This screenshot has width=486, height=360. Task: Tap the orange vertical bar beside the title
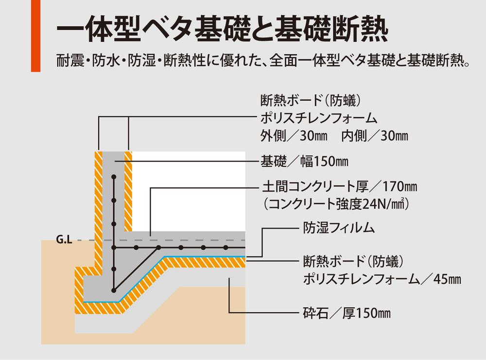pyautogui.click(x=35, y=36)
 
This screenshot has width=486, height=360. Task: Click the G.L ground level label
pyautogui.click(x=63, y=240)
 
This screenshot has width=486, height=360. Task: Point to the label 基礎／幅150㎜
pyautogui.click(x=304, y=161)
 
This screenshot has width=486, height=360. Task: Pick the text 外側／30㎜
pyautogui.click(x=293, y=136)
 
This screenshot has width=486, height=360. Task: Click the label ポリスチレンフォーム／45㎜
pyautogui.click(x=382, y=279)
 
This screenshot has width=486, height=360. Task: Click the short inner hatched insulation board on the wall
pyautogui.click(x=128, y=190)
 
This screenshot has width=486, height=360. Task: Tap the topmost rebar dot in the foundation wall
pyautogui.click(x=113, y=179)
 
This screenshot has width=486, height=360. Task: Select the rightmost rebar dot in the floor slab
pyautogui.click(x=226, y=248)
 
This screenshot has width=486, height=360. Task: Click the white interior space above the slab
pyautogui.click(x=190, y=190)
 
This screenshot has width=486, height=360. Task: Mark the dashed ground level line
pyautogui.click(x=194, y=240)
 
